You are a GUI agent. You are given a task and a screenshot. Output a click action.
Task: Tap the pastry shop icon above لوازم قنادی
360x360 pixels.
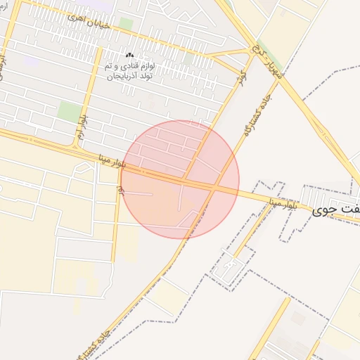tap(129, 55)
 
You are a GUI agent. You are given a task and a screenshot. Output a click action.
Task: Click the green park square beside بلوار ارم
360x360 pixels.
tap(69, 111)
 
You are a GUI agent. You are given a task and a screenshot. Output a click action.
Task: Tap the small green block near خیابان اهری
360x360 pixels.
tap(126, 23)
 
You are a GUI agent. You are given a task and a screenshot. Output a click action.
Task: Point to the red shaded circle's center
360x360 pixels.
tap(181, 179)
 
